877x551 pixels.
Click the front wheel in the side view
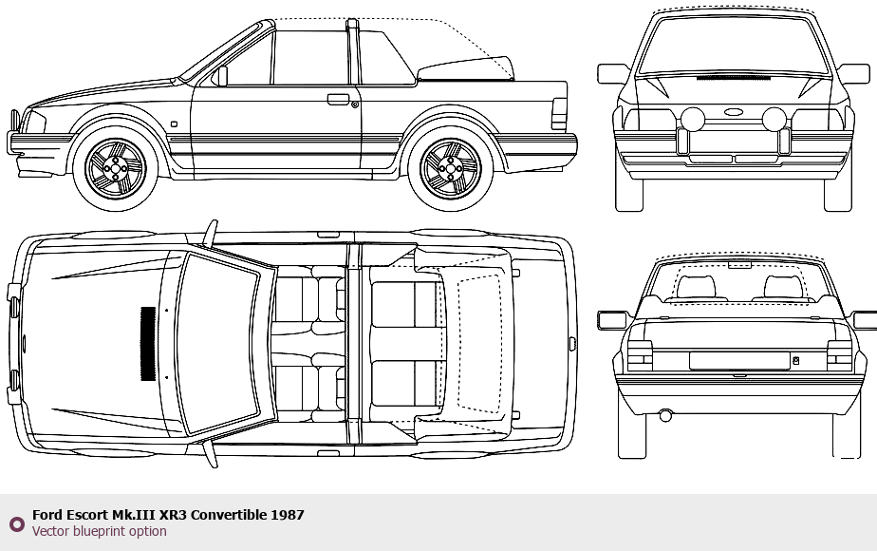[x=115, y=169]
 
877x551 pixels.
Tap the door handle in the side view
[x=338, y=99]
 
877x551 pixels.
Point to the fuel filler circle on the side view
[x=355, y=104]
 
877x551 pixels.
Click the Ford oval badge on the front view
[x=733, y=112]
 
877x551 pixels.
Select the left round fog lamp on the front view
[x=693, y=119]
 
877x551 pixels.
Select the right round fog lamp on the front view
[x=774, y=119]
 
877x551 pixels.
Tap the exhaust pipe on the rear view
[x=665, y=415]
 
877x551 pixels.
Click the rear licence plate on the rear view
[x=739, y=360]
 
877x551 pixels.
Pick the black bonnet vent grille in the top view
[x=148, y=343]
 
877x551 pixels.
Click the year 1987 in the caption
[x=288, y=515]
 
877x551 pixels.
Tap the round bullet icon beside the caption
[x=16, y=523]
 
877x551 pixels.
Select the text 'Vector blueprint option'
[x=99, y=531]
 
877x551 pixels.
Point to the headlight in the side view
[x=33, y=122]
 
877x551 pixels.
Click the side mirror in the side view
[x=220, y=76]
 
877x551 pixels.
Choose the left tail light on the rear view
[x=640, y=354]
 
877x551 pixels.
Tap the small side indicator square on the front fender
[x=174, y=123]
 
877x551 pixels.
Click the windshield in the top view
[x=219, y=343]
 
